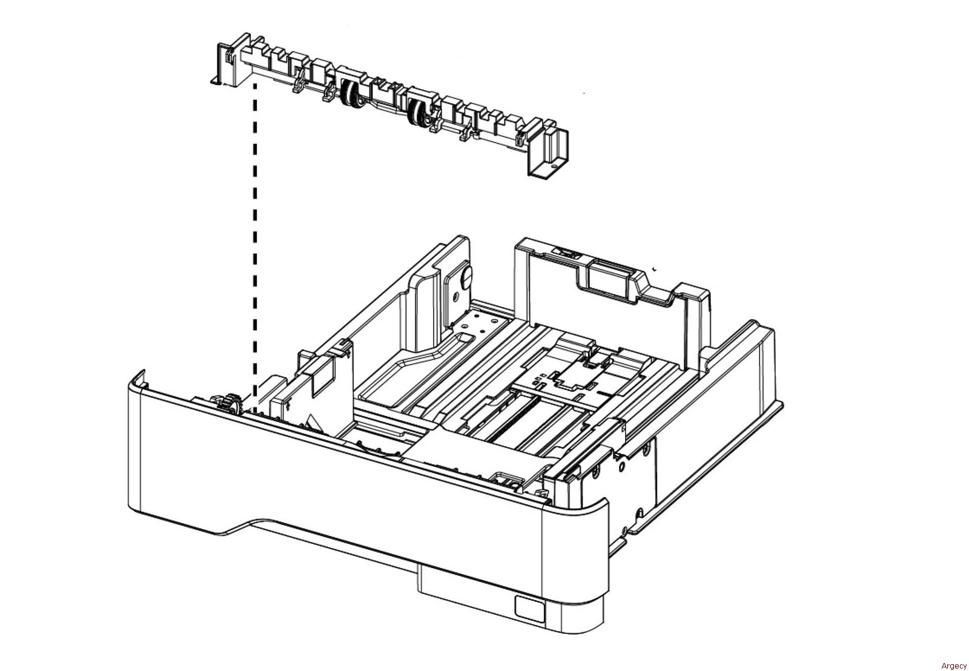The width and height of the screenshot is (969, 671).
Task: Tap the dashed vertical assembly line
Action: (x=255, y=242)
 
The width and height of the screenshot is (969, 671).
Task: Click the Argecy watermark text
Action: (x=953, y=666)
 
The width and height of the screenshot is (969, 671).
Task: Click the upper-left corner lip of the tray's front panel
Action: (x=139, y=378)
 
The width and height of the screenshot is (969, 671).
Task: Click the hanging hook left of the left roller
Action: (x=298, y=85)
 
